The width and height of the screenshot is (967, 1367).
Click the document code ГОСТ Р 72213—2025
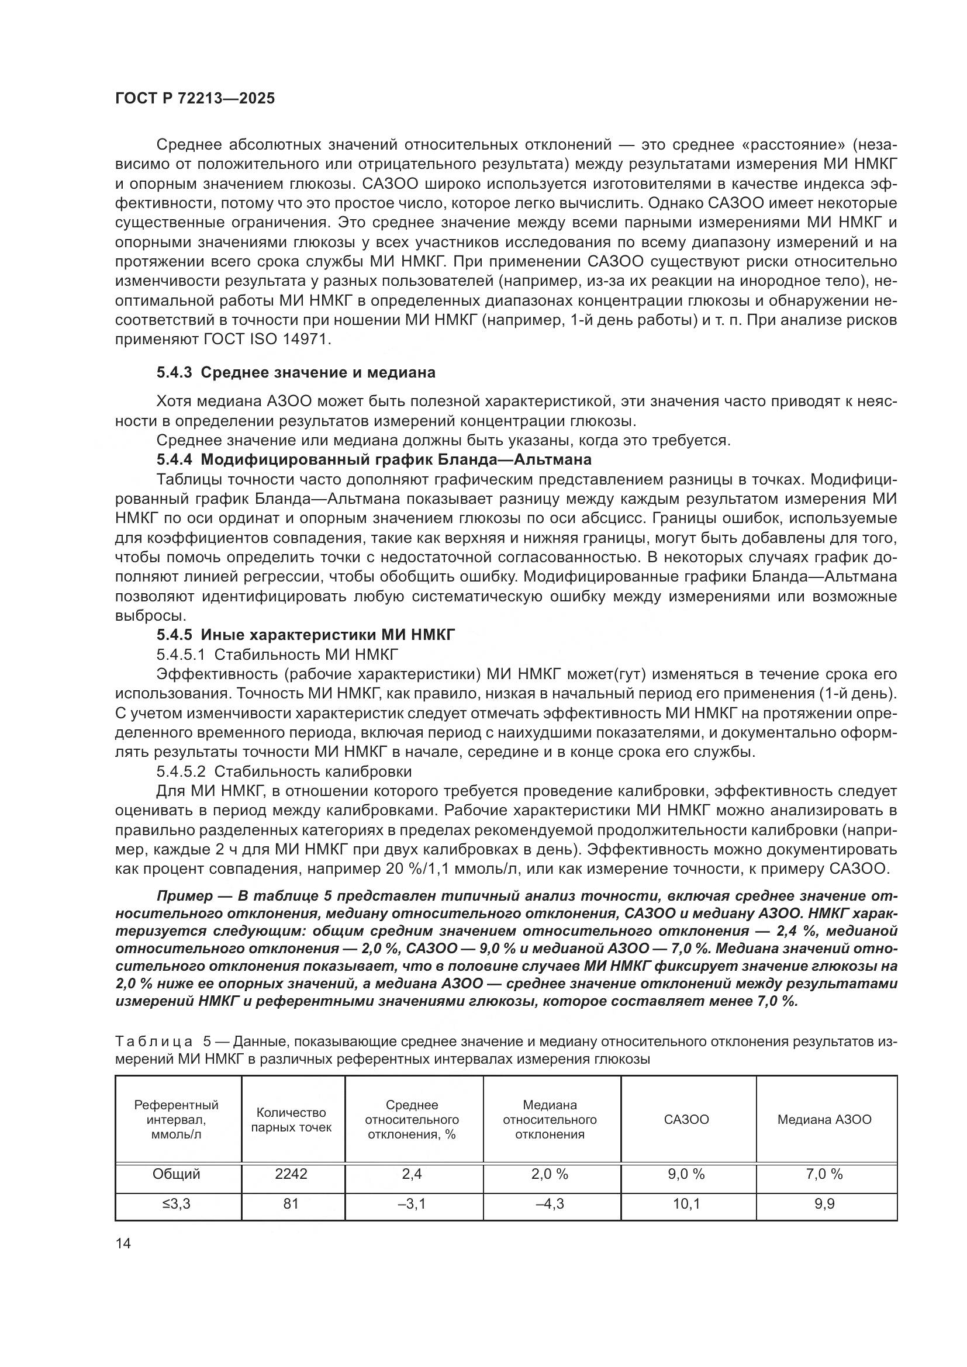coord(195,99)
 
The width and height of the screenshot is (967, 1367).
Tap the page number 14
coord(123,1243)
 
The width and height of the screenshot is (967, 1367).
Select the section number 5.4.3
coord(174,373)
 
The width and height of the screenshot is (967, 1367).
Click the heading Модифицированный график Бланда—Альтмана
coord(396,459)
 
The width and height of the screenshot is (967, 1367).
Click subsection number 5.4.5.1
coord(181,655)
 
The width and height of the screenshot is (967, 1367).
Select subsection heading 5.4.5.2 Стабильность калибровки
coord(284,771)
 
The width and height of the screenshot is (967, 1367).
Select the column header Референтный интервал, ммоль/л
coord(176,1119)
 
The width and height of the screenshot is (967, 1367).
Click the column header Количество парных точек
coord(291,1120)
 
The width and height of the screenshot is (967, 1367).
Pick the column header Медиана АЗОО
coord(824,1120)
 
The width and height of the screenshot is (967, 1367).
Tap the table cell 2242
coord(291,1174)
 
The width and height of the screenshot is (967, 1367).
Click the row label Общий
coord(176,1174)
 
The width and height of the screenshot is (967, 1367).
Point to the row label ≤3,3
coord(176,1204)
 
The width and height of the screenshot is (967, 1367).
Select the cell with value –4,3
coord(550,1204)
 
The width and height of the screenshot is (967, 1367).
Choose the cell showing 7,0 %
coord(824,1174)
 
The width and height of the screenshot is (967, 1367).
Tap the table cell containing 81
coord(291,1204)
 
